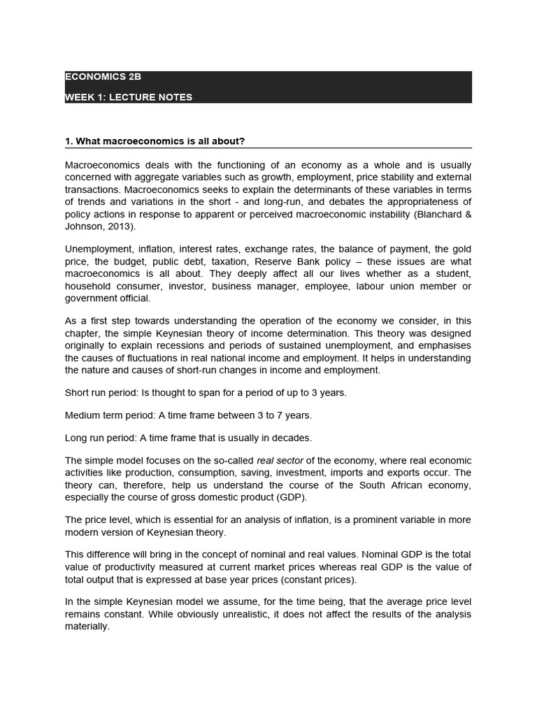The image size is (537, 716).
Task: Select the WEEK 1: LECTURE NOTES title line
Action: tap(128, 97)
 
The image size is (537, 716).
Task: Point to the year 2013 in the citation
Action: tap(116, 226)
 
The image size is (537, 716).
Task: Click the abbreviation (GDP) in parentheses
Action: tap(291, 497)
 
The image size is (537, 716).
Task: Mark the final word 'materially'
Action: tap(87, 626)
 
